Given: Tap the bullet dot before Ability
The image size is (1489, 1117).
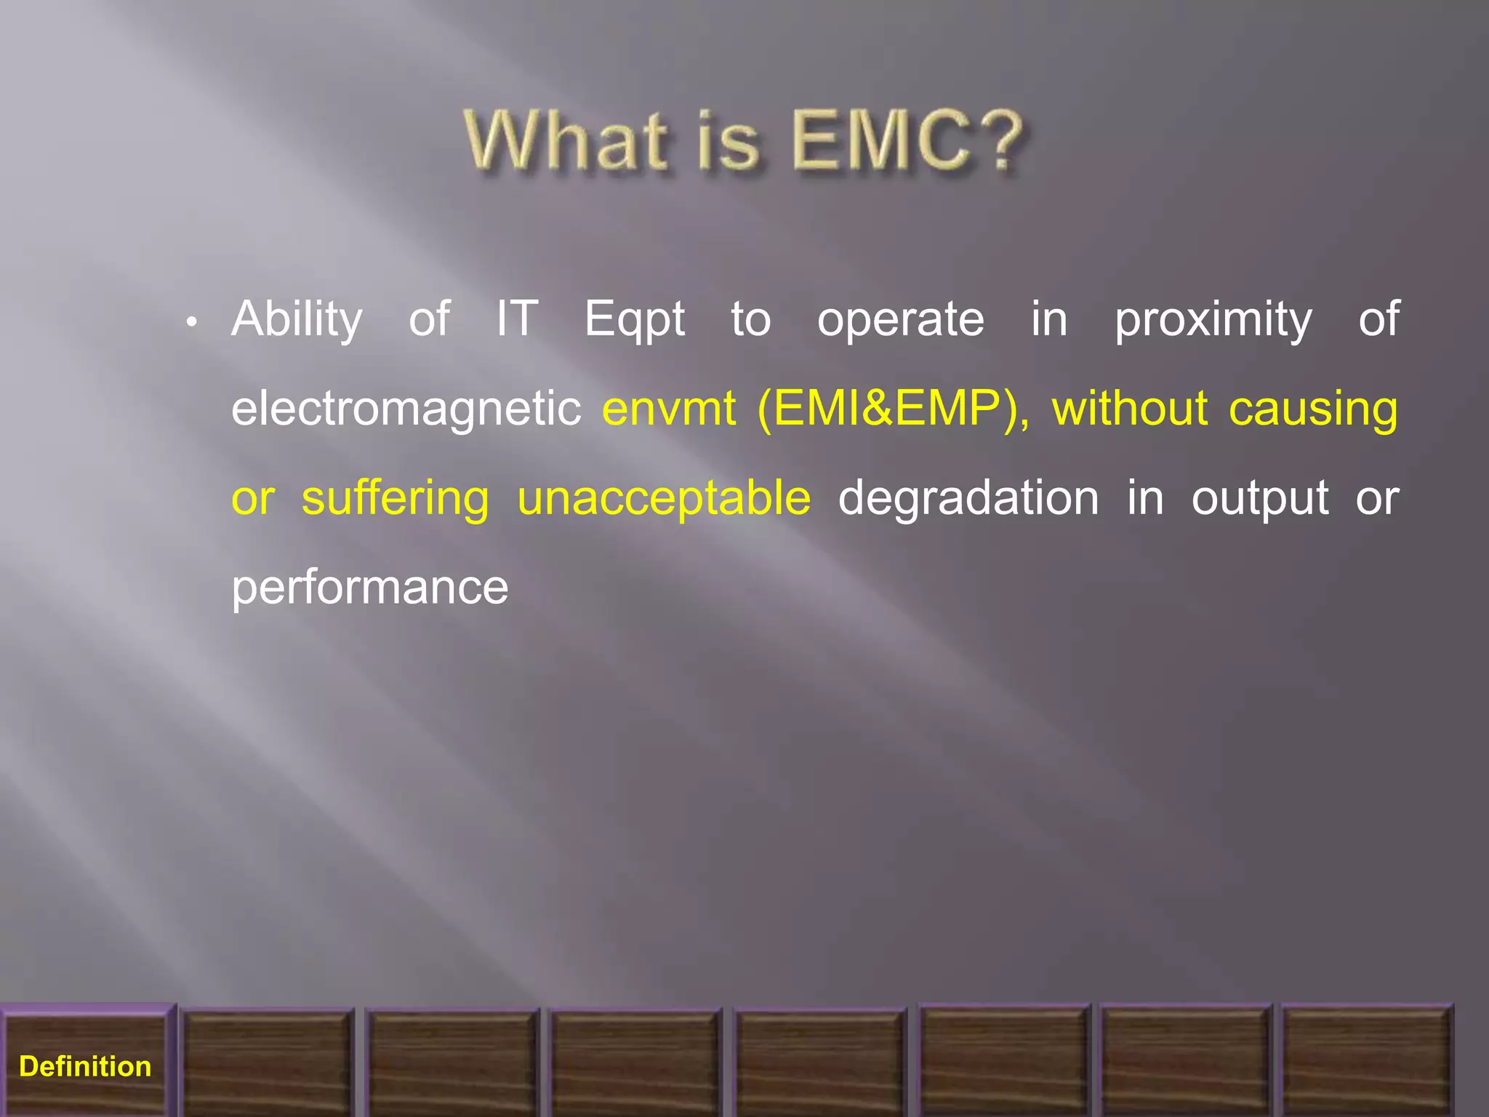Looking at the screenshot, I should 191,321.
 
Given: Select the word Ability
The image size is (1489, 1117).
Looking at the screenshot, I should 297,320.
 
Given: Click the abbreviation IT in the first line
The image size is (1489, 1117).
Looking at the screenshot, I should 517,319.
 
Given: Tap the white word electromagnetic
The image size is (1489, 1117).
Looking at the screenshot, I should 406,409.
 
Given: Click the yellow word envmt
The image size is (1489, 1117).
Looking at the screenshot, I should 669,409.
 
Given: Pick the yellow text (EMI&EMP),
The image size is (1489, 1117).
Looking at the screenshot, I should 893,409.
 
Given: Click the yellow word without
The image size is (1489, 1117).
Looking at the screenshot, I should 1129,409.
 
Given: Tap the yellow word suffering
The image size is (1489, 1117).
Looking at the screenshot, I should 396,500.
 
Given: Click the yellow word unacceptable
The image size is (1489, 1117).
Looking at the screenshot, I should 663,500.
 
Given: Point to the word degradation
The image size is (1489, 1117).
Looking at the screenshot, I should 968,500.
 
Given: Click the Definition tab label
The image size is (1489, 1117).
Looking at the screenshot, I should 85,1067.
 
